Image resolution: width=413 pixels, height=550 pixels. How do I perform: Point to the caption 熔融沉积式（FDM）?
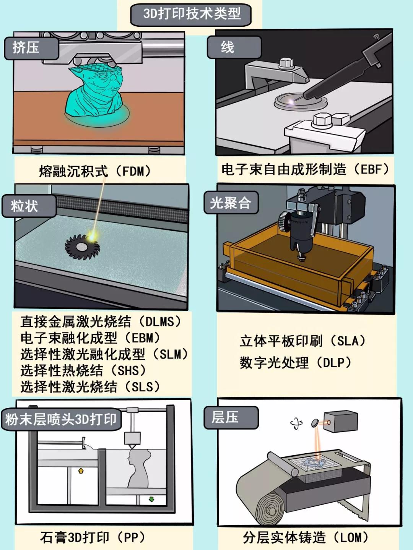click(96, 171)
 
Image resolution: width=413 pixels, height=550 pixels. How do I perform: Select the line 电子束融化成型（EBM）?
click(91, 337)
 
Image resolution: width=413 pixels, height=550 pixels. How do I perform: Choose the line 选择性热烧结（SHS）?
click(84, 370)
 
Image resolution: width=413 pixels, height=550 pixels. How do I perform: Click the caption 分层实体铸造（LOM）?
click(306, 537)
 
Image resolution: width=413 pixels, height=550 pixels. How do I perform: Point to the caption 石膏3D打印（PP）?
click(93, 537)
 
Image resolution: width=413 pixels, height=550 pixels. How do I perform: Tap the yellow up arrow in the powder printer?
click(81, 471)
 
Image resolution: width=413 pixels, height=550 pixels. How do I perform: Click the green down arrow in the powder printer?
click(151, 500)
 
